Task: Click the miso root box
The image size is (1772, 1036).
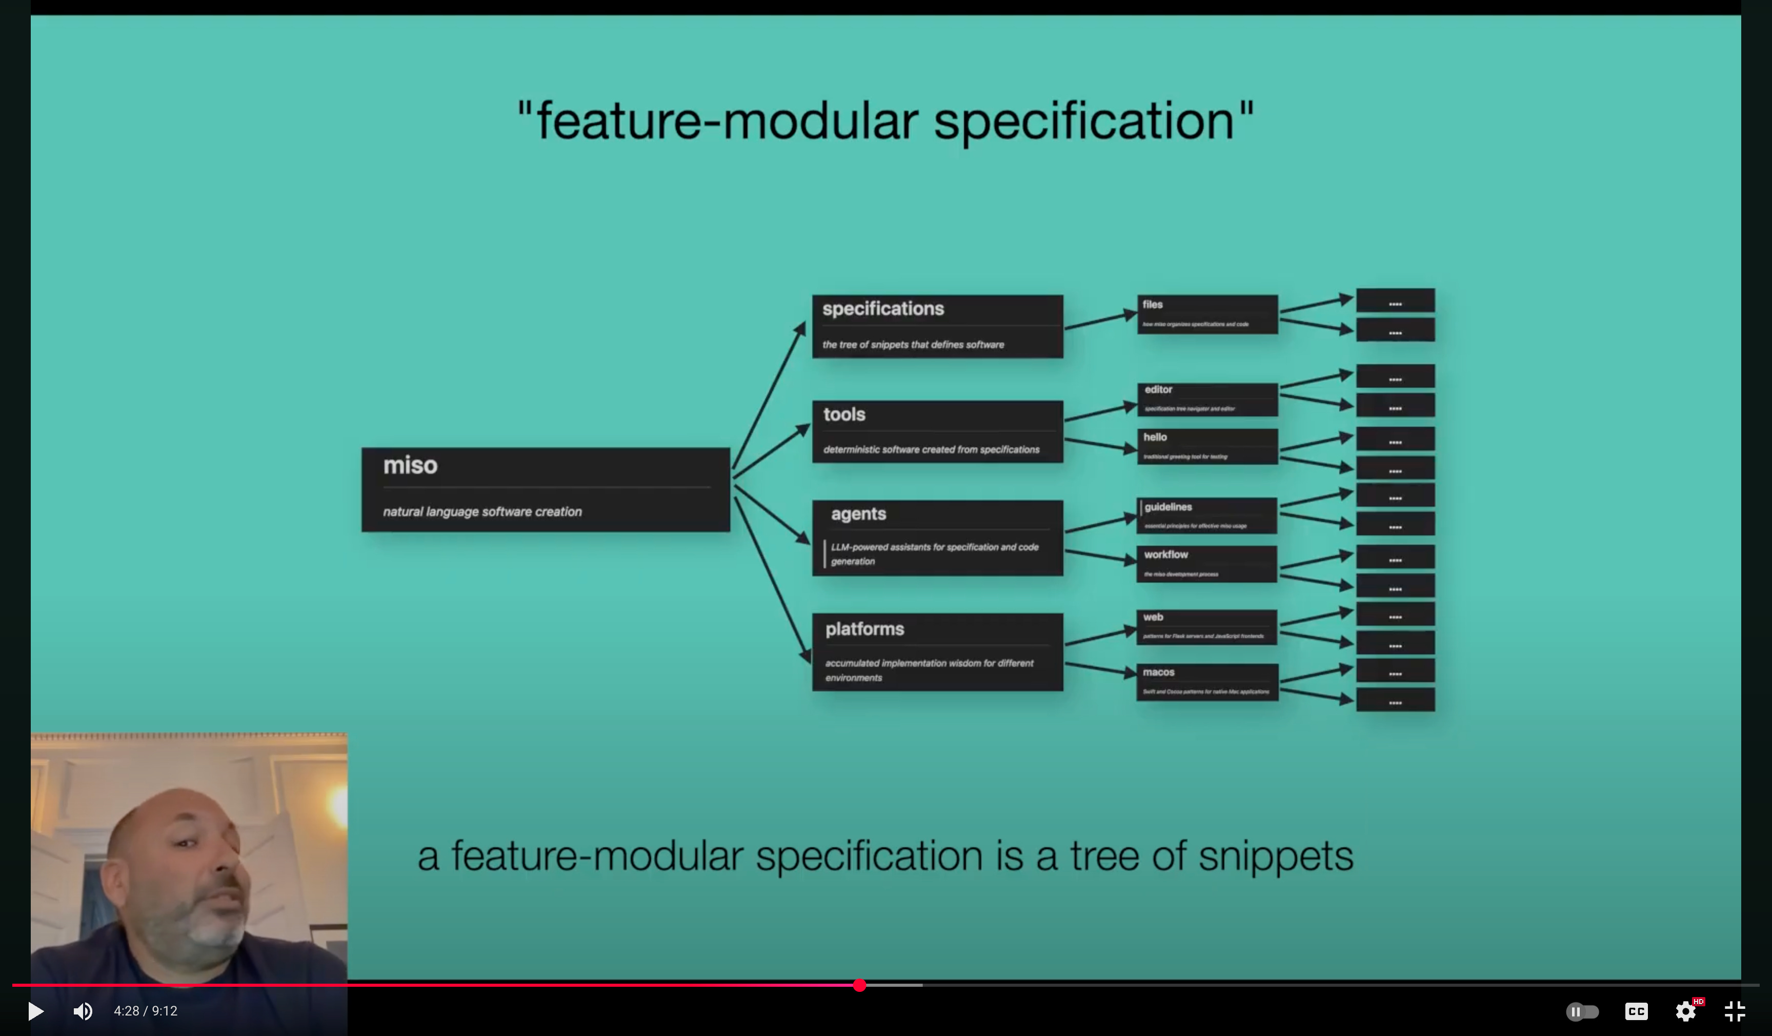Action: click(x=545, y=489)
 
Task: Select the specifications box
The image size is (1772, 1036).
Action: click(x=937, y=326)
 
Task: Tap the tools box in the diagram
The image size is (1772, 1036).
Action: click(x=937, y=431)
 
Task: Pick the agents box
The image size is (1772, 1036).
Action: click(x=937, y=538)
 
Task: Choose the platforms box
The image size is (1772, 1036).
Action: click(x=937, y=652)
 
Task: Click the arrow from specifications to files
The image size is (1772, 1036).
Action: click(x=1100, y=320)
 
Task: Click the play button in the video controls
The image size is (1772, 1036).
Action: click(x=35, y=1011)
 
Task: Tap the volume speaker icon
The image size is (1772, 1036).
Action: click(x=83, y=1011)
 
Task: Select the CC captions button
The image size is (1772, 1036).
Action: click(x=1636, y=1011)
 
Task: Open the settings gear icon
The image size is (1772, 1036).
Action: click(x=1685, y=1011)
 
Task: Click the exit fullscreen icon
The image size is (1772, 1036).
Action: click(x=1735, y=1011)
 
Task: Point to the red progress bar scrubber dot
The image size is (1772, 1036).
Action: click(x=859, y=985)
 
